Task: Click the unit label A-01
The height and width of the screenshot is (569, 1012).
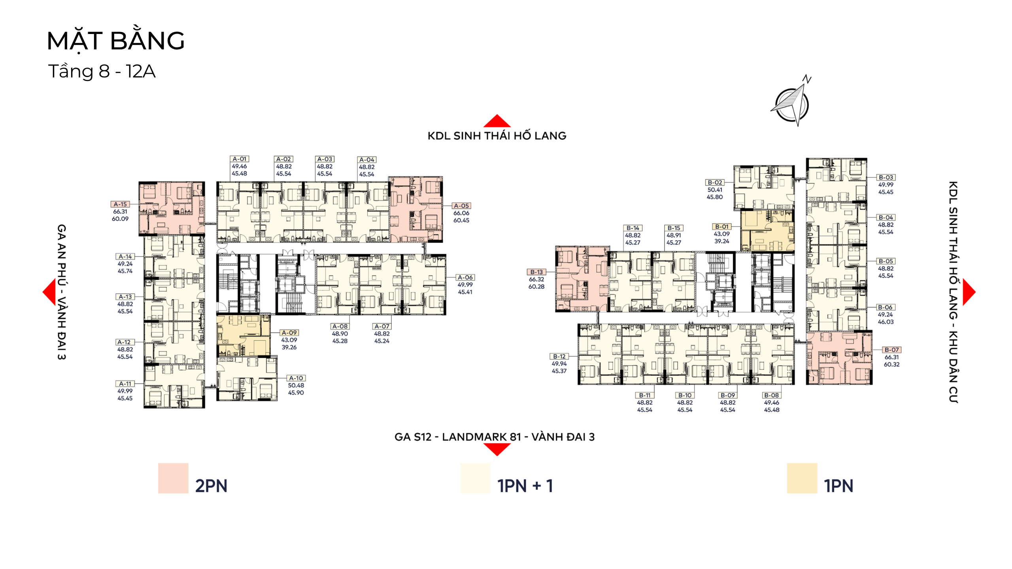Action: coord(239,159)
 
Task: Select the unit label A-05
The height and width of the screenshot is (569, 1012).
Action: coord(461,205)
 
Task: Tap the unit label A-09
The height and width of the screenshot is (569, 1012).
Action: coord(289,333)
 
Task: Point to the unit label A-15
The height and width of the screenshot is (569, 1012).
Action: coord(120,204)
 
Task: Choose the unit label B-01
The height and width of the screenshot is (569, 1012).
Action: coord(722,226)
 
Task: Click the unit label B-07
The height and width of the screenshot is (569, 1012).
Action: coord(892,350)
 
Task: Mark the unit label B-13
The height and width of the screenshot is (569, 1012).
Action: coord(536,272)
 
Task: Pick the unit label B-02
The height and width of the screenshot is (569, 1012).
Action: coord(715,182)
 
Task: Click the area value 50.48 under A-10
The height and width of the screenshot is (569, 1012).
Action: coord(296,385)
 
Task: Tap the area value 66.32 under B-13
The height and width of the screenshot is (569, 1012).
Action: coord(536,279)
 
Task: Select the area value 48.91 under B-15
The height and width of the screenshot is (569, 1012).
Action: coord(674,235)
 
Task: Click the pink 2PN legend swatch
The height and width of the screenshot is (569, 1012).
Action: coord(173,478)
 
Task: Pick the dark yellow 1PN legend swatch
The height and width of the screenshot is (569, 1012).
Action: coord(802,478)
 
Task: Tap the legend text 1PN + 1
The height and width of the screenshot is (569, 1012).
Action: coord(525,486)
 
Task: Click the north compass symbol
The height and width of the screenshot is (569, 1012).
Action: coord(792,102)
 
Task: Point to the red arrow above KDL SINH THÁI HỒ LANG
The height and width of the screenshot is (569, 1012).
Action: coord(497,121)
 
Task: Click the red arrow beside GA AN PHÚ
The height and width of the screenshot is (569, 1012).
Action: coord(49,292)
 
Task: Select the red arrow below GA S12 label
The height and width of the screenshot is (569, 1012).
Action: coord(497,450)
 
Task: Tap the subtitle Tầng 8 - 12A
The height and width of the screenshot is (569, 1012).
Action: coord(102,72)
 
